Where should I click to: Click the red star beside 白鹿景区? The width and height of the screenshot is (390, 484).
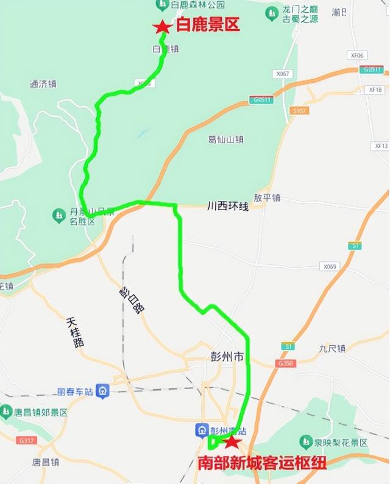[x=162, y=27]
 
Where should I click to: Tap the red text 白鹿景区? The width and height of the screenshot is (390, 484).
[x=208, y=26]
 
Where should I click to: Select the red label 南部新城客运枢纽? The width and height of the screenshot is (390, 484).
[x=263, y=463]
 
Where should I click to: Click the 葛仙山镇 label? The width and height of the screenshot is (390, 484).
[x=226, y=139]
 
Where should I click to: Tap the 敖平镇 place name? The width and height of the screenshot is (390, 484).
[x=267, y=198]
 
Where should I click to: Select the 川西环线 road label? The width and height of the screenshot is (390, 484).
[x=228, y=208]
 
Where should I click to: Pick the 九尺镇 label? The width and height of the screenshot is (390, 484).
[x=332, y=348]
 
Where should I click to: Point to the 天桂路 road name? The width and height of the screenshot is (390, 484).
[x=74, y=332]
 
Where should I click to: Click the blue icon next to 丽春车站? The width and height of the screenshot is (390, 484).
[x=102, y=391]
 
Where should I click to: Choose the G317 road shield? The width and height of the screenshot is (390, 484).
[x=27, y=440]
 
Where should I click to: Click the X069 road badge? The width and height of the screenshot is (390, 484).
[x=330, y=267]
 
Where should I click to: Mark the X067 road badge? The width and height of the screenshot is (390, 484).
[x=283, y=74]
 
